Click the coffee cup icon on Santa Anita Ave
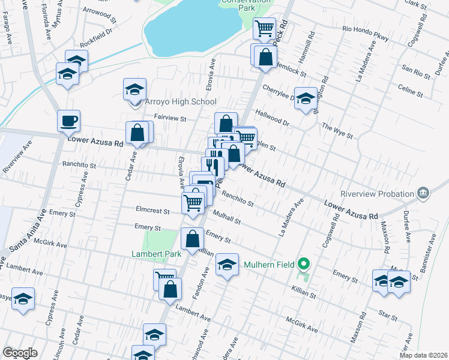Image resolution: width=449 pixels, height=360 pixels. [68, 121]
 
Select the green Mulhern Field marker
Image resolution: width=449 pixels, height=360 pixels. [304, 264]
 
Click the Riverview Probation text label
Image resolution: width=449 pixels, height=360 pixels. [377, 194]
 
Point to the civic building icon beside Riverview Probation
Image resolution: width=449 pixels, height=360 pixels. [423, 193]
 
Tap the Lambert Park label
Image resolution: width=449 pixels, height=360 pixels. [156, 254]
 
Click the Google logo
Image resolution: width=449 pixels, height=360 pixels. [20, 352]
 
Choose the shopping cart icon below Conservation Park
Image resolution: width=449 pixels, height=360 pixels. [264, 28]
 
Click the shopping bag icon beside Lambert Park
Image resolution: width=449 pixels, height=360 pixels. [191, 239]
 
